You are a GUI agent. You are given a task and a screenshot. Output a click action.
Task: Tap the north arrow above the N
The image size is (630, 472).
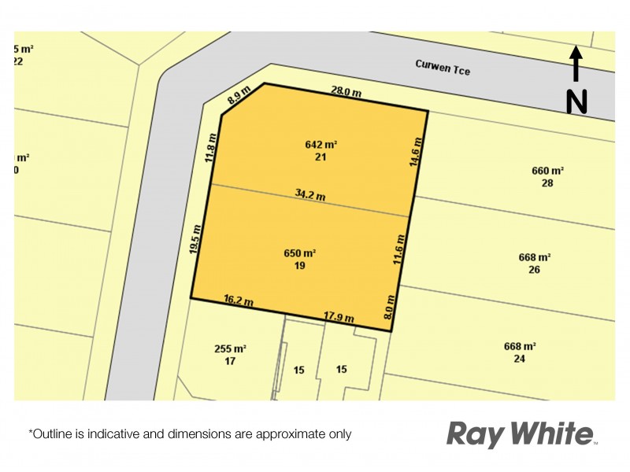click(576, 65)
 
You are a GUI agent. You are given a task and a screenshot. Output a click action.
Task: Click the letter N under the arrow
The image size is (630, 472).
click(576, 101)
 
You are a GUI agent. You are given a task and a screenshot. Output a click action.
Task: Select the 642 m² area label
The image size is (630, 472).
click(321, 145)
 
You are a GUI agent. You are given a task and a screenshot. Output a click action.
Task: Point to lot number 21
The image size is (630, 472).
click(321, 157)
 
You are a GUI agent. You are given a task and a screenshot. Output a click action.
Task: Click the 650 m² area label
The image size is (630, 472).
click(300, 253)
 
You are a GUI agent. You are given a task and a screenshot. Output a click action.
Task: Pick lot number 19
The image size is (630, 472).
click(299, 266)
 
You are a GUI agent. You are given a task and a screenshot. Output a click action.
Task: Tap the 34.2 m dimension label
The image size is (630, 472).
click(309, 194)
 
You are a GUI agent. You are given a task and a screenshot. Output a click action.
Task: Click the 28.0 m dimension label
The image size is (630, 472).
click(346, 92)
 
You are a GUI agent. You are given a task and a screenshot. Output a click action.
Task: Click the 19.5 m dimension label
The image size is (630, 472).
click(197, 238)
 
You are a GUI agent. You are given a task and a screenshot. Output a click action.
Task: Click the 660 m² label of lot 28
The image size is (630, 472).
click(548, 171)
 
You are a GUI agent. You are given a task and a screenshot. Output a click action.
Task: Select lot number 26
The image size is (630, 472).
click(534, 270)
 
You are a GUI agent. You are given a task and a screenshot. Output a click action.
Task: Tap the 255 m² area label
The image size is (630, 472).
click(231, 348)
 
